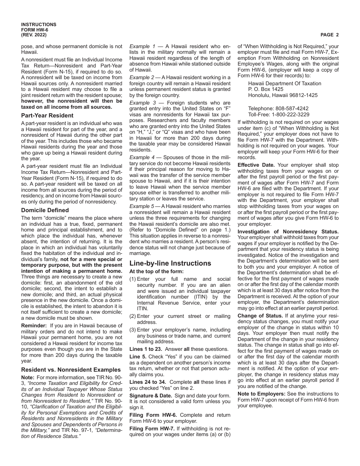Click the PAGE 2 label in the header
[x=329, y=35]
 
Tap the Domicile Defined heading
[x=45, y=210]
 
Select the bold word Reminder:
[x=34, y=325]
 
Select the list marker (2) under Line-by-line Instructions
[x=133, y=316]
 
